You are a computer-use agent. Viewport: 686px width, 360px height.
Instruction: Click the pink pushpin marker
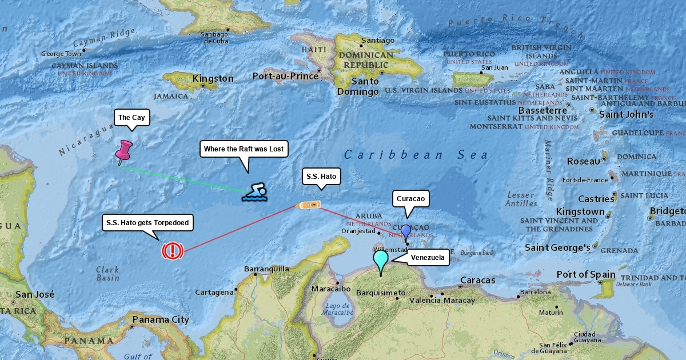click(123, 151)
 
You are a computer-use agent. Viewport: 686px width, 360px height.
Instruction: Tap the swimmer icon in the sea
click(255, 193)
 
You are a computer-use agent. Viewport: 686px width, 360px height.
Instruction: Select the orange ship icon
click(309, 204)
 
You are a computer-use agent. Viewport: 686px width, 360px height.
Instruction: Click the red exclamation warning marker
click(173, 251)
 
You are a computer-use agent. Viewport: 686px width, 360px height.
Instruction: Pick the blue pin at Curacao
click(406, 231)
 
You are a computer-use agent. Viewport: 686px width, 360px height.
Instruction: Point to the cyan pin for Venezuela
click(381, 261)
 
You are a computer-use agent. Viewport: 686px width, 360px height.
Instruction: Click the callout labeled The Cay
click(131, 118)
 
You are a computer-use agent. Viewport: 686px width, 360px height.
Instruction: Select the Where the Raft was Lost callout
click(244, 149)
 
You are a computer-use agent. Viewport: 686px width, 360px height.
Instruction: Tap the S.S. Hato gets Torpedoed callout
click(147, 222)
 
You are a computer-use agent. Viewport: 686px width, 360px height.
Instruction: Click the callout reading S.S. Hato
click(321, 177)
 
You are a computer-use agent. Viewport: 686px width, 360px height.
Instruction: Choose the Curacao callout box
click(410, 199)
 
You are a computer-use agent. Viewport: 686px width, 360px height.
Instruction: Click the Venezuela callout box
click(428, 258)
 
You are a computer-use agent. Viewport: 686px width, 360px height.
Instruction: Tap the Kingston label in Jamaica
click(213, 78)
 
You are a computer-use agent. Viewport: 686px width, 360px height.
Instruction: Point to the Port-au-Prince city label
click(285, 76)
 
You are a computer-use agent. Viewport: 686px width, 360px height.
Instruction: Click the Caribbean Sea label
click(416, 155)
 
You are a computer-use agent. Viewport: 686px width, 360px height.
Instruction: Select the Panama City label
click(160, 319)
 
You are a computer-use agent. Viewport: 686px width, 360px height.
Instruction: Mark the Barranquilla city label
click(267, 269)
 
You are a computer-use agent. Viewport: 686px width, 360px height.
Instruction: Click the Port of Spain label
click(585, 274)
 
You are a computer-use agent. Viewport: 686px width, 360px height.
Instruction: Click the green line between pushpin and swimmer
click(183, 179)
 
